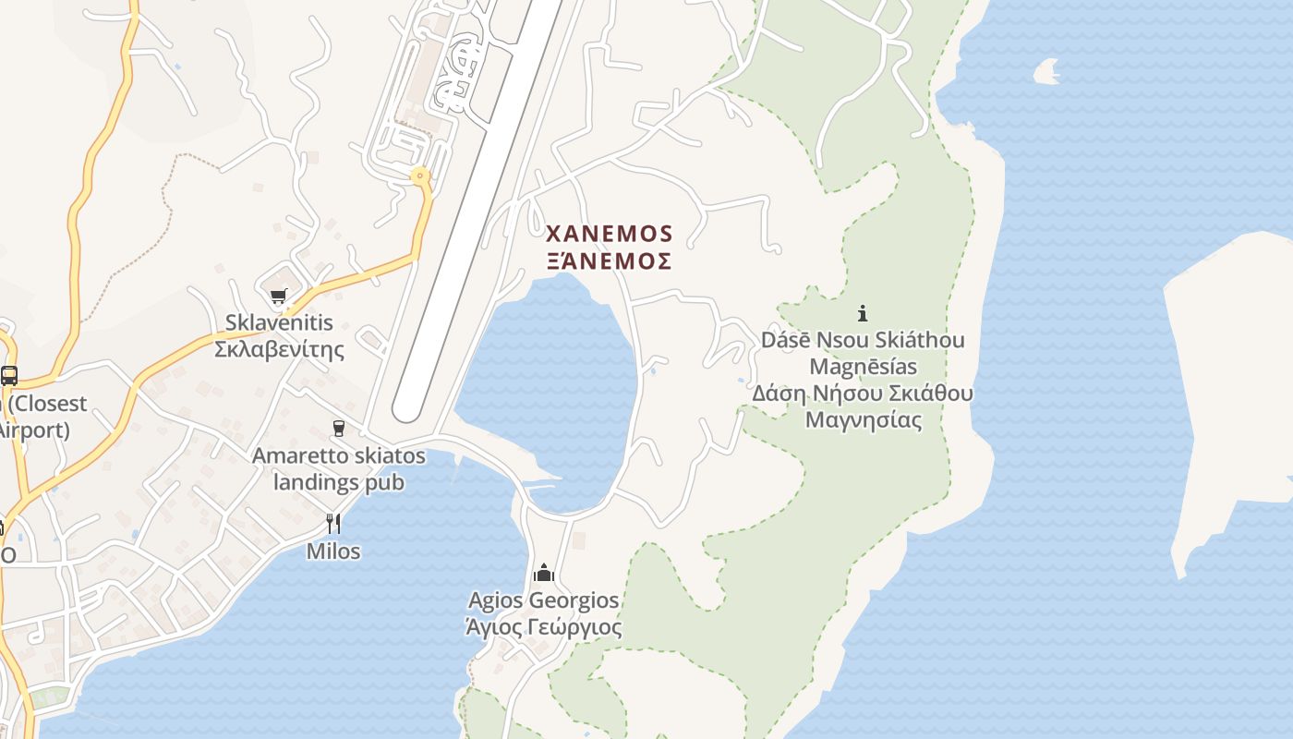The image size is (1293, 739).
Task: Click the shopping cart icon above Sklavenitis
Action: coord(278,297)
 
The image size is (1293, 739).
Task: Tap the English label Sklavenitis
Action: coord(279,323)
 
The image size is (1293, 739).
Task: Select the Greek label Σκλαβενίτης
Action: coord(279,350)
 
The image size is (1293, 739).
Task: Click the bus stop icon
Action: coord(9,376)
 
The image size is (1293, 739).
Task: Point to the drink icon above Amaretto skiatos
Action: coord(339,429)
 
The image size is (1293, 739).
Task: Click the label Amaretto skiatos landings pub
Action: coord(339,469)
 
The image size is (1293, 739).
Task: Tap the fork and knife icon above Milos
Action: coord(333,524)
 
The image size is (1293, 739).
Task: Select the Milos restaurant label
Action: coord(333,551)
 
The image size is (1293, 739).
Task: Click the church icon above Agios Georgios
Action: coord(544,574)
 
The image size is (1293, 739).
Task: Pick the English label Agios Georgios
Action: coord(544,600)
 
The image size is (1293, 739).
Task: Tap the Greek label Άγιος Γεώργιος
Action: coord(544,628)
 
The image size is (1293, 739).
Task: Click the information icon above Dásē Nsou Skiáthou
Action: coord(863,313)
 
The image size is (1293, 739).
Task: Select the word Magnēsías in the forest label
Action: coord(863,367)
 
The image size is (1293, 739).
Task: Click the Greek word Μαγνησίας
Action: coord(863,420)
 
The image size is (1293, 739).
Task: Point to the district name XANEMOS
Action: coord(610,234)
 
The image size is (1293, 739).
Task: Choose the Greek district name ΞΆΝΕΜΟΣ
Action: coord(610,261)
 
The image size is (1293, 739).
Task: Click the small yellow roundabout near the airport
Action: coord(421,175)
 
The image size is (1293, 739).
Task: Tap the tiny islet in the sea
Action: coord(1047,70)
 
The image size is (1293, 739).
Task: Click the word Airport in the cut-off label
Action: coord(35,430)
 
